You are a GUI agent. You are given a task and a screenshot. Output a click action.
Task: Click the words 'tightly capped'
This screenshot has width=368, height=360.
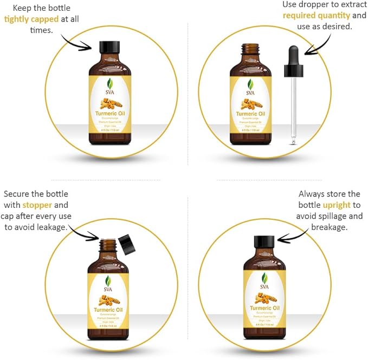[x=31, y=18]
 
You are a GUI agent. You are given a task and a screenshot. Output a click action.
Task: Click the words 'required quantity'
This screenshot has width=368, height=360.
[x=317, y=16]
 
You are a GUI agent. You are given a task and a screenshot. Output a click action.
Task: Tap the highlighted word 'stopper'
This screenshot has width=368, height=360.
[x=37, y=205]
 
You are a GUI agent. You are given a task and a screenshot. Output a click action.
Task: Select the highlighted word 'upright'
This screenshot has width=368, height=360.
[x=337, y=205]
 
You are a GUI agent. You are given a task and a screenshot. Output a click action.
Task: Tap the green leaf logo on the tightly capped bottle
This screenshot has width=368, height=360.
[x=109, y=84]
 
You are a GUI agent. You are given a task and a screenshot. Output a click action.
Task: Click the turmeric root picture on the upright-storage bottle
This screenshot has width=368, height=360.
[x=265, y=296]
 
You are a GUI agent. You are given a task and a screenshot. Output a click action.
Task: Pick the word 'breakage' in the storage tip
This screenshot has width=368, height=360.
[x=329, y=227]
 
